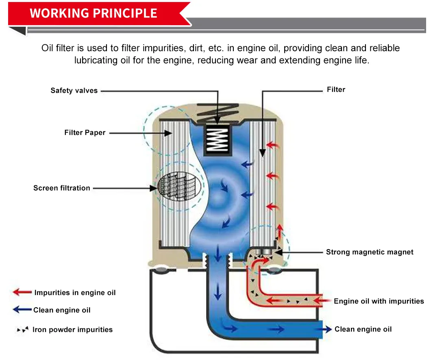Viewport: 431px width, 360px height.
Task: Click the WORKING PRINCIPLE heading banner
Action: click(94, 13)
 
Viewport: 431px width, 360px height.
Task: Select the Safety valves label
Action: click(74, 91)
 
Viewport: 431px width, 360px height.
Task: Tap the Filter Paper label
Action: click(85, 132)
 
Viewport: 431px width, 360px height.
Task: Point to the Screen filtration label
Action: click(61, 188)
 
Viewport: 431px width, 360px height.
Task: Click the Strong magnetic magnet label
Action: click(370, 252)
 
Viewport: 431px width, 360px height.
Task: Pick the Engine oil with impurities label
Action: click(379, 301)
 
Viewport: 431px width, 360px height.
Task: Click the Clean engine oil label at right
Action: click(363, 329)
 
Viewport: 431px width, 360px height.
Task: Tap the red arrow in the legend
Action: click(22, 292)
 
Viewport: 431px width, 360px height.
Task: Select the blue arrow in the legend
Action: click(22, 310)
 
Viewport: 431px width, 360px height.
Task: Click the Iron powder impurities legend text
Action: click(72, 330)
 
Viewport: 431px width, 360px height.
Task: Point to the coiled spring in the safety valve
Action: click(218, 139)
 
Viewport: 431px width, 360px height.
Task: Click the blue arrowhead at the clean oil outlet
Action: click(328, 329)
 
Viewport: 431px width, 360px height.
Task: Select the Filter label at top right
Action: click(336, 90)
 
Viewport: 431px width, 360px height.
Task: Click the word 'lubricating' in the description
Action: click(96, 61)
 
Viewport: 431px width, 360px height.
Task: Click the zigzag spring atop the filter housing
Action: click(218, 110)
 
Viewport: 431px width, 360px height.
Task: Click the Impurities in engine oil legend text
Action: click(75, 293)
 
